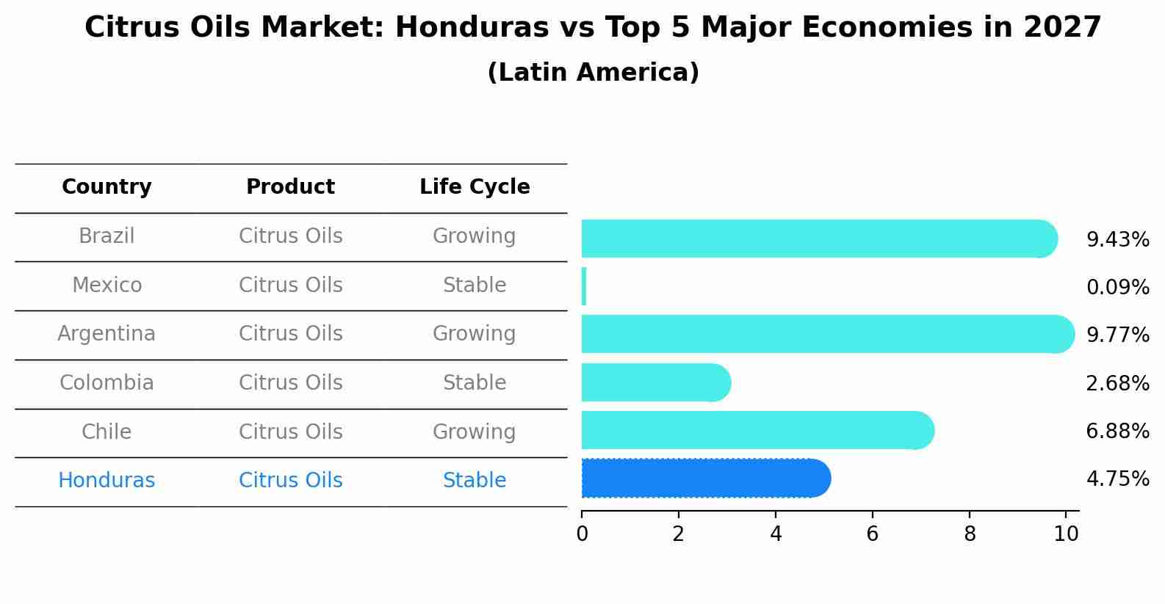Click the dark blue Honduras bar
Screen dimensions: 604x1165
click(705, 479)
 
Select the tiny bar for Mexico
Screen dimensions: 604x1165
click(584, 286)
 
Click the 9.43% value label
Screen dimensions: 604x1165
click(1117, 240)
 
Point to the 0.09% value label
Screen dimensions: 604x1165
click(1117, 288)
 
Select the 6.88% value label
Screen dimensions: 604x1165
click(1117, 431)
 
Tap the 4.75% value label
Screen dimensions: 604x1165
click(1117, 479)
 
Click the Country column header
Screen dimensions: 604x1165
click(107, 187)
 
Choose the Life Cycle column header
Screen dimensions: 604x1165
click(475, 187)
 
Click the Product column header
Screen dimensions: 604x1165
click(290, 187)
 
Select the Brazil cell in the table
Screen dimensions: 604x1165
click(107, 236)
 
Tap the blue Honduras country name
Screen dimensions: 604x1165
click(107, 481)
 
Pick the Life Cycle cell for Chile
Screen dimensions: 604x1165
click(474, 432)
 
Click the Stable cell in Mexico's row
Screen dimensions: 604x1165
click(474, 285)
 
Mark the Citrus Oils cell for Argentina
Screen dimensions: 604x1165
click(290, 334)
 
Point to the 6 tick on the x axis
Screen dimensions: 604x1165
click(872, 534)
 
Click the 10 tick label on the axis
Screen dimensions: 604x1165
click(1066, 534)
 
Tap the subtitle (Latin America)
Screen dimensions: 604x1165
click(593, 73)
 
